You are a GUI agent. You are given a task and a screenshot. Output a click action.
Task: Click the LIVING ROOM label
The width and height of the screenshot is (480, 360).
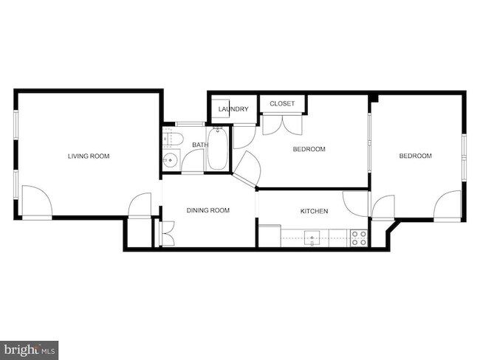tap(89, 156)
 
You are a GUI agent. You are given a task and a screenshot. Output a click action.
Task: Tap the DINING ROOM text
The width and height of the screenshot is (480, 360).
tap(208, 210)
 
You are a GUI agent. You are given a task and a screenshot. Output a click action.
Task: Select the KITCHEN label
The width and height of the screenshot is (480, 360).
tap(314, 212)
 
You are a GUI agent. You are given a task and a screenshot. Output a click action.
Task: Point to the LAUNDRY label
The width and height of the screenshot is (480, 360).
tap(233, 110)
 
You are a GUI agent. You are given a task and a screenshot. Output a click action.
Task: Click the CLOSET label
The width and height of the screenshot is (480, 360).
tap(282, 104)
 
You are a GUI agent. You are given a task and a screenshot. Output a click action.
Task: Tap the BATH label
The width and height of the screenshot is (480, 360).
tap(200, 145)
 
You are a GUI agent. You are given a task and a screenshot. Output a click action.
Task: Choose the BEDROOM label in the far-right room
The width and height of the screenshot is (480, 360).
tap(415, 156)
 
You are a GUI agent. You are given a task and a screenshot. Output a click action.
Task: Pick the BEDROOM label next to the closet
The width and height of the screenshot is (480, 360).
tap(309, 150)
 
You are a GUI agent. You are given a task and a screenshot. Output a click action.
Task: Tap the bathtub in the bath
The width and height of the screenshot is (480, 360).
tap(219, 149)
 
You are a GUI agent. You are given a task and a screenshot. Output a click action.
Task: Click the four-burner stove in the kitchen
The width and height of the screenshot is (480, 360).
tap(359, 238)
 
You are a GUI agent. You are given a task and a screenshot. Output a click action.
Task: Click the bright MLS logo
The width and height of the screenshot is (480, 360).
tap(30, 350)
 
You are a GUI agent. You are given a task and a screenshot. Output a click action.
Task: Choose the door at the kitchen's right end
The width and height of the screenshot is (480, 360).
tap(356, 204)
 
